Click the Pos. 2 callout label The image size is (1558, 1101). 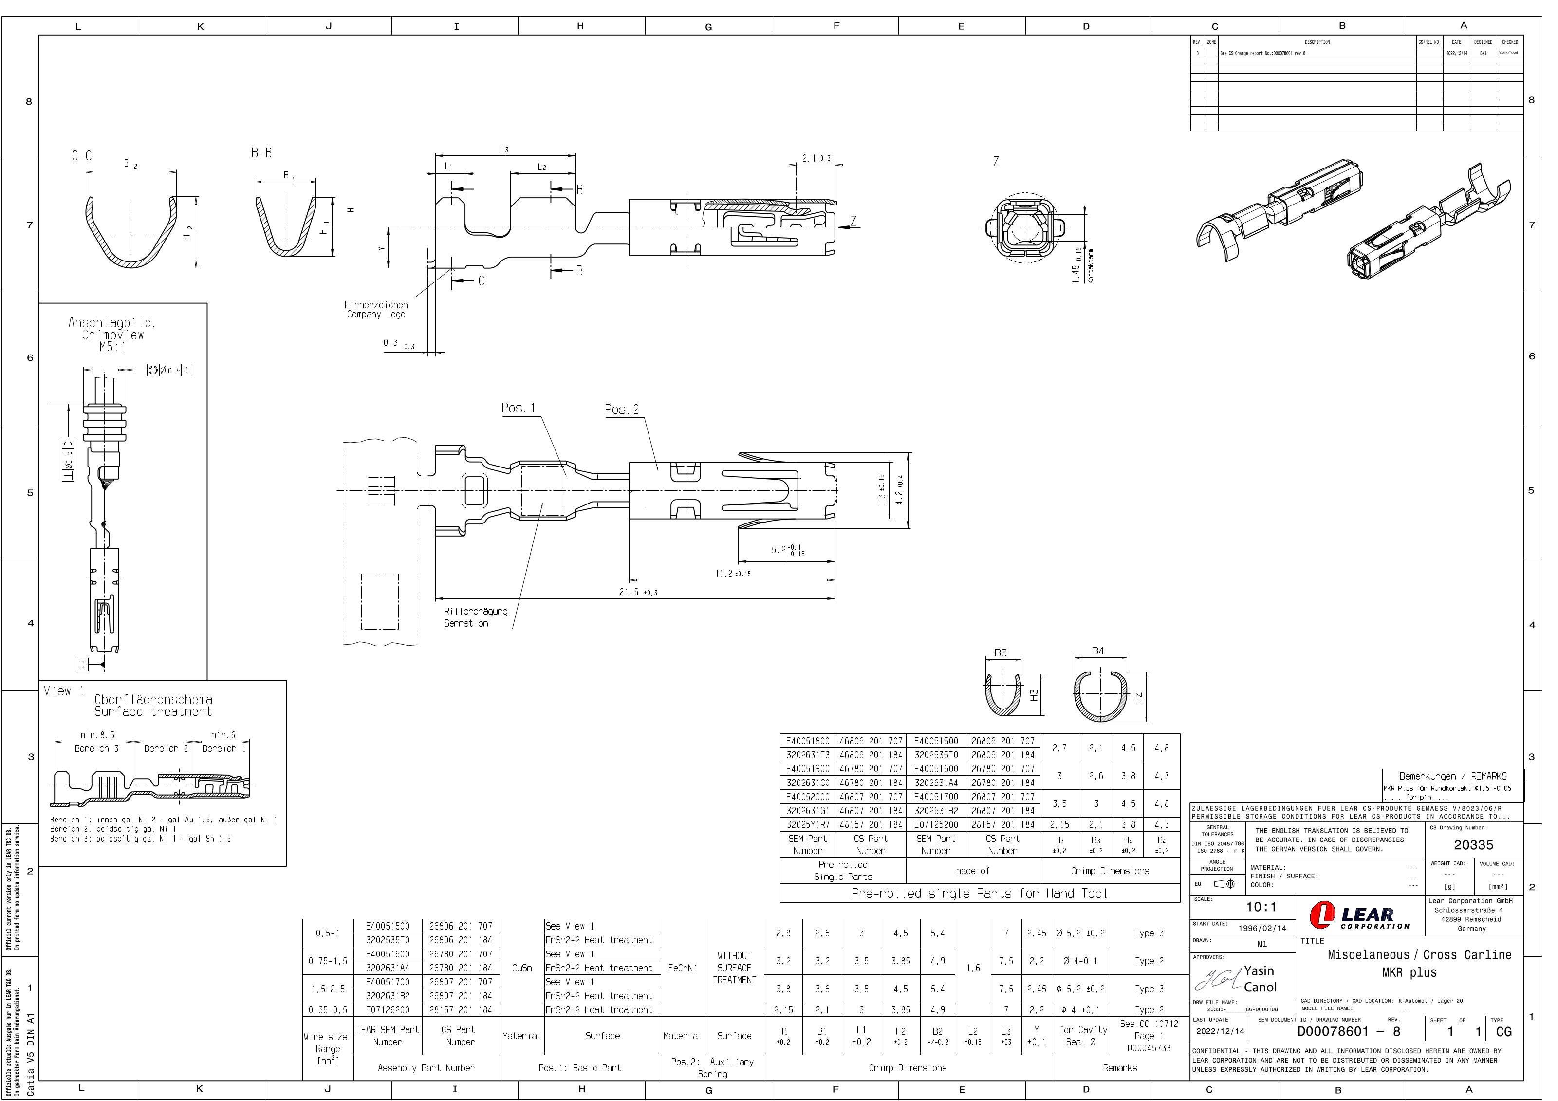(622, 410)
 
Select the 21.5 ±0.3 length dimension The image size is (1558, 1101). (638, 592)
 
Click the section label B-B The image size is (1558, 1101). (261, 153)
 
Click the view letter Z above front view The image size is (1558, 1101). (996, 162)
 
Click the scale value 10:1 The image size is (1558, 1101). (1261, 907)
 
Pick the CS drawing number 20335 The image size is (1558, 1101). (1473, 845)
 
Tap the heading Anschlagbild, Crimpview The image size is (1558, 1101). (112, 329)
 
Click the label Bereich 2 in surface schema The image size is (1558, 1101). (166, 749)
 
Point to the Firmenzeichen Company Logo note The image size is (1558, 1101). (376, 310)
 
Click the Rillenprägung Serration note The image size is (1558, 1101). (475, 617)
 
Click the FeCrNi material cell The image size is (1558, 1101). (682, 968)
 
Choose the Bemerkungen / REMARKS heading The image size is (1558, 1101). (1452, 776)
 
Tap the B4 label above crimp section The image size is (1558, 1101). (1097, 651)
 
